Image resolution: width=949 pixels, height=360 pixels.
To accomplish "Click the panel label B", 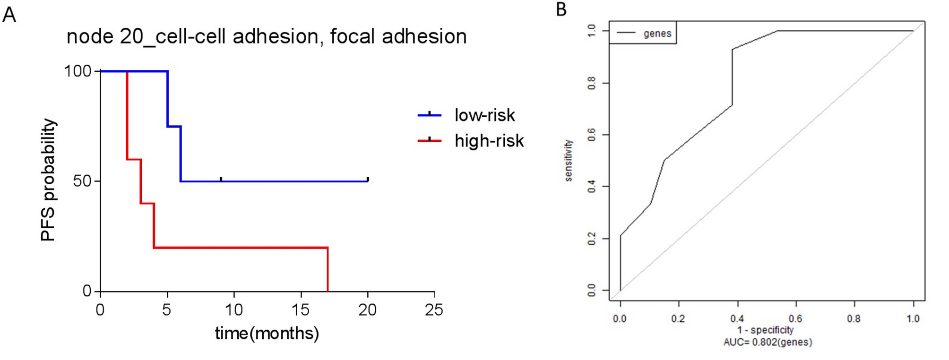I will pyautogui.click(x=561, y=9).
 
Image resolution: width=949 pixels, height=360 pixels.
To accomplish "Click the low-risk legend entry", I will pyautogui.click(x=484, y=115).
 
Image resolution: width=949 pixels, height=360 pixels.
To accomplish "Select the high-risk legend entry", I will pyautogui.click(x=489, y=141).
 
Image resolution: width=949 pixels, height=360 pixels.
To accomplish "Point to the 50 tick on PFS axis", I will pyautogui.click(x=82, y=181).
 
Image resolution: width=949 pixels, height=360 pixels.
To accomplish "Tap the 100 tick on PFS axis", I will pyautogui.click(x=78, y=71).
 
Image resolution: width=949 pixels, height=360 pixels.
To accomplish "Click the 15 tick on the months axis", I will pyautogui.click(x=301, y=310).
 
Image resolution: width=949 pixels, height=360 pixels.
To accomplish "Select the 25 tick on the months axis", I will pyautogui.click(x=434, y=310).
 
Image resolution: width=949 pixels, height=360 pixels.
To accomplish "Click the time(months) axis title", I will pyautogui.click(x=267, y=334).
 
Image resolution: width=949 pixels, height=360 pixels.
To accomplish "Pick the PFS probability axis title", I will pyautogui.click(x=48, y=180).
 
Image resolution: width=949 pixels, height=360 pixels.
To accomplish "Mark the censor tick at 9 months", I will pyautogui.click(x=221, y=180).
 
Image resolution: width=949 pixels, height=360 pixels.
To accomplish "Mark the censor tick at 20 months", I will pyautogui.click(x=368, y=180).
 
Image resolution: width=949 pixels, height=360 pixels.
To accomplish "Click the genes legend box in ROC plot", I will pyautogui.click(x=643, y=33).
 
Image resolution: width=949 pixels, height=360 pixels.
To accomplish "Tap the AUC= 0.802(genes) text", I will pyautogui.click(x=767, y=342).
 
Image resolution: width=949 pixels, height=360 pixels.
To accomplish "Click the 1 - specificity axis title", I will pyautogui.click(x=765, y=330).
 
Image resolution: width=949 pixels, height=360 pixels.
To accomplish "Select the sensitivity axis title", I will pyautogui.click(x=569, y=161).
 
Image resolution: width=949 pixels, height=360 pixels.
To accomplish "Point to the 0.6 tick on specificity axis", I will pyautogui.click(x=795, y=319).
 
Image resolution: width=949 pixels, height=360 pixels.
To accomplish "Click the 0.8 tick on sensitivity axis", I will pyautogui.click(x=592, y=83).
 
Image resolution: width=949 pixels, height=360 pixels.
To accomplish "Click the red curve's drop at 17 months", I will pyautogui.click(x=328, y=269).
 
